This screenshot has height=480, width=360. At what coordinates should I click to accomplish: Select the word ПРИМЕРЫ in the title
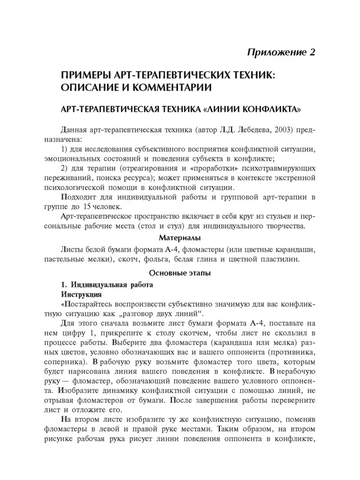click(86, 76)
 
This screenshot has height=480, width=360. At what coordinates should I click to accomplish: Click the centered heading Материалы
click(180, 238)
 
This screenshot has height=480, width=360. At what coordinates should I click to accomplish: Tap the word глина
click(219, 260)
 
